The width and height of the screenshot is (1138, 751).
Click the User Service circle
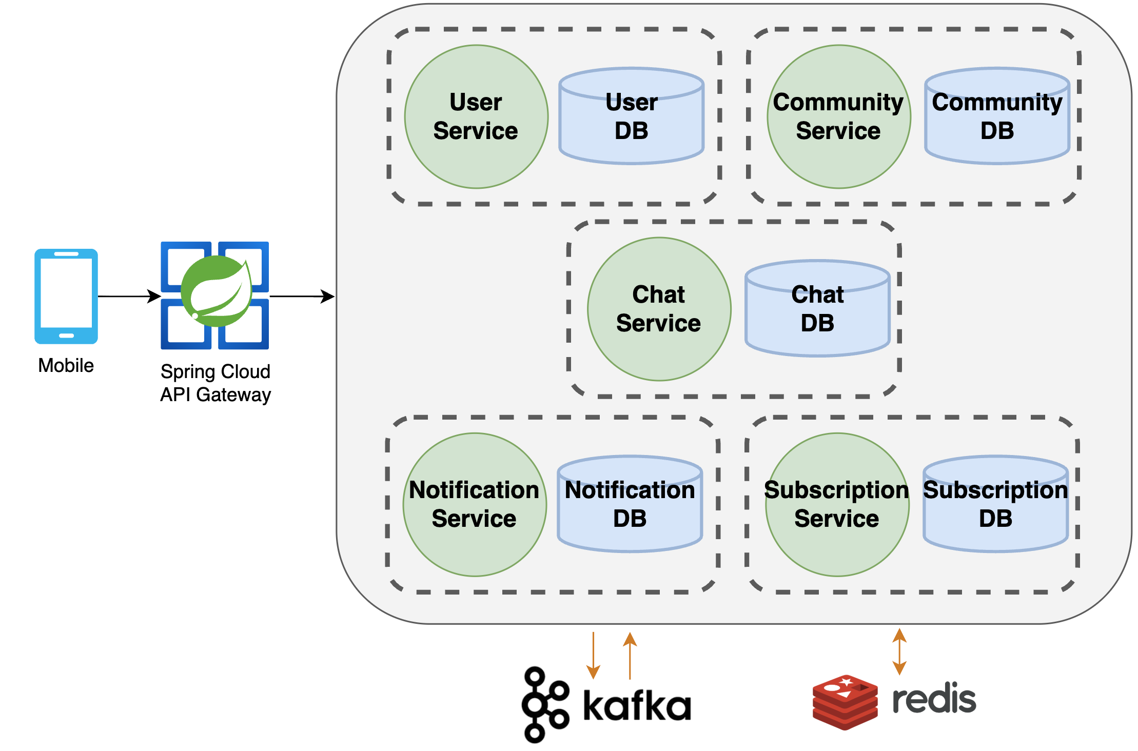tap(476, 117)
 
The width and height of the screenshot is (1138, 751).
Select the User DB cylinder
tap(631, 117)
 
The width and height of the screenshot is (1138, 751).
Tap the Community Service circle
tap(838, 117)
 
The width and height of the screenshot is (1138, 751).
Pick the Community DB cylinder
tap(997, 117)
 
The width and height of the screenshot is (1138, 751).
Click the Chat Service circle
tap(659, 309)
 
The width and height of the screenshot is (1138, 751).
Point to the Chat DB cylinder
tap(817, 309)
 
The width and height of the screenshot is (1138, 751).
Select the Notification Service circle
tap(475, 505)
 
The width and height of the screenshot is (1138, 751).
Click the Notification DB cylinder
tap(630, 505)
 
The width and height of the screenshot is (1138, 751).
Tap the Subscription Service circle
tap(837, 505)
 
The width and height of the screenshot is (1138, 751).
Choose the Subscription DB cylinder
tap(995, 505)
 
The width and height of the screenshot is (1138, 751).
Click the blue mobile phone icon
tap(66, 296)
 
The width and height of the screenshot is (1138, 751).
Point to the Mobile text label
tap(66, 366)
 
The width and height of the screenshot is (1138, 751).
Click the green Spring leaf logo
tap(217, 291)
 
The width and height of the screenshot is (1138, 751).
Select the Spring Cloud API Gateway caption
tap(215, 383)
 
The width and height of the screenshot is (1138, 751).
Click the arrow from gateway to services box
tap(302, 296)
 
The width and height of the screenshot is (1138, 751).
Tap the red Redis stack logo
tap(845, 702)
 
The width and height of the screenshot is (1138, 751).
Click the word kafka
tap(637, 706)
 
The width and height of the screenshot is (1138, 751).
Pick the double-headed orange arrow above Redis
tap(899, 651)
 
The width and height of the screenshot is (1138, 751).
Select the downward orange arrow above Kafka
tap(593, 656)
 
